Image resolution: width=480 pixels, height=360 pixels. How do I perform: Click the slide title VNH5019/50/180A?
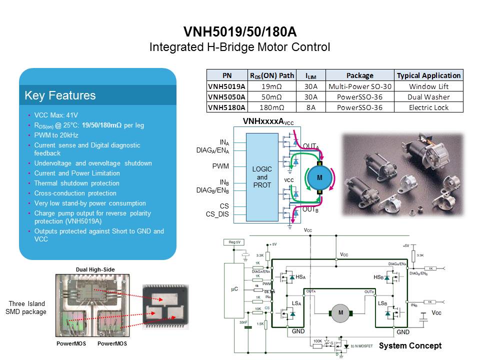(x=239, y=32)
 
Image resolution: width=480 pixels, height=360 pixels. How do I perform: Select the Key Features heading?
(x=60, y=95)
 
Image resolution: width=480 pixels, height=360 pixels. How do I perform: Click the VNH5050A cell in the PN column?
(x=226, y=97)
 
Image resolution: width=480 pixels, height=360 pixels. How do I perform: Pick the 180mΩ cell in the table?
(x=272, y=107)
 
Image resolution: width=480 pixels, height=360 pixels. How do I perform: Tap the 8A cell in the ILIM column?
(x=310, y=107)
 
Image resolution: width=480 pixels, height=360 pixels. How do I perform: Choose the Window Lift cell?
(x=428, y=86)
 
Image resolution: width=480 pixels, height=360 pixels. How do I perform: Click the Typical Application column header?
(x=428, y=75)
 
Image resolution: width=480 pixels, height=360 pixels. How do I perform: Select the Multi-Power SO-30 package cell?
(x=359, y=86)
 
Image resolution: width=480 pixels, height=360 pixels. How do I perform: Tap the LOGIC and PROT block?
(x=262, y=177)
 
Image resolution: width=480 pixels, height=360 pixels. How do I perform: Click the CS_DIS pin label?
(x=217, y=214)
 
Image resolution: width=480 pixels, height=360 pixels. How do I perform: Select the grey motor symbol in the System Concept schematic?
(x=341, y=313)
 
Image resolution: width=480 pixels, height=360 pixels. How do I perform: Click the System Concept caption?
(x=410, y=346)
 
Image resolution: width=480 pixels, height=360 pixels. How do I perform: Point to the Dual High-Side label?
(x=95, y=269)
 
